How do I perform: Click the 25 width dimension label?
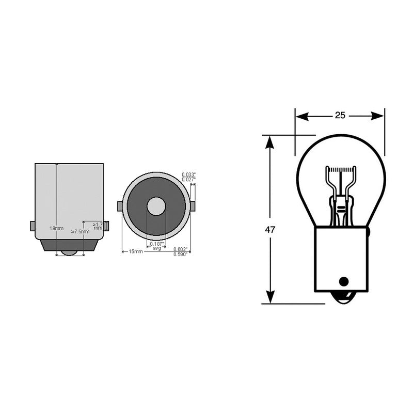tap(339, 116)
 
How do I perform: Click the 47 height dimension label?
tap(269, 230)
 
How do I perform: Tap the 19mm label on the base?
tap(57, 228)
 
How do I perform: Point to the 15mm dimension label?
tap(135, 251)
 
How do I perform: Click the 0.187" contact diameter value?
tap(157, 244)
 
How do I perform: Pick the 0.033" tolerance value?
tap(189, 174)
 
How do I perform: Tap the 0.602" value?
tap(180, 249)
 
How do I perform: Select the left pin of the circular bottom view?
tap(120, 206)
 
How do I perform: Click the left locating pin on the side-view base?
tap(33, 226)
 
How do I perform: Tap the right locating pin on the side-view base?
tap(106, 226)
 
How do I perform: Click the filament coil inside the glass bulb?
tap(340, 169)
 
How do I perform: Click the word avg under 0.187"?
tap(157, 249)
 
